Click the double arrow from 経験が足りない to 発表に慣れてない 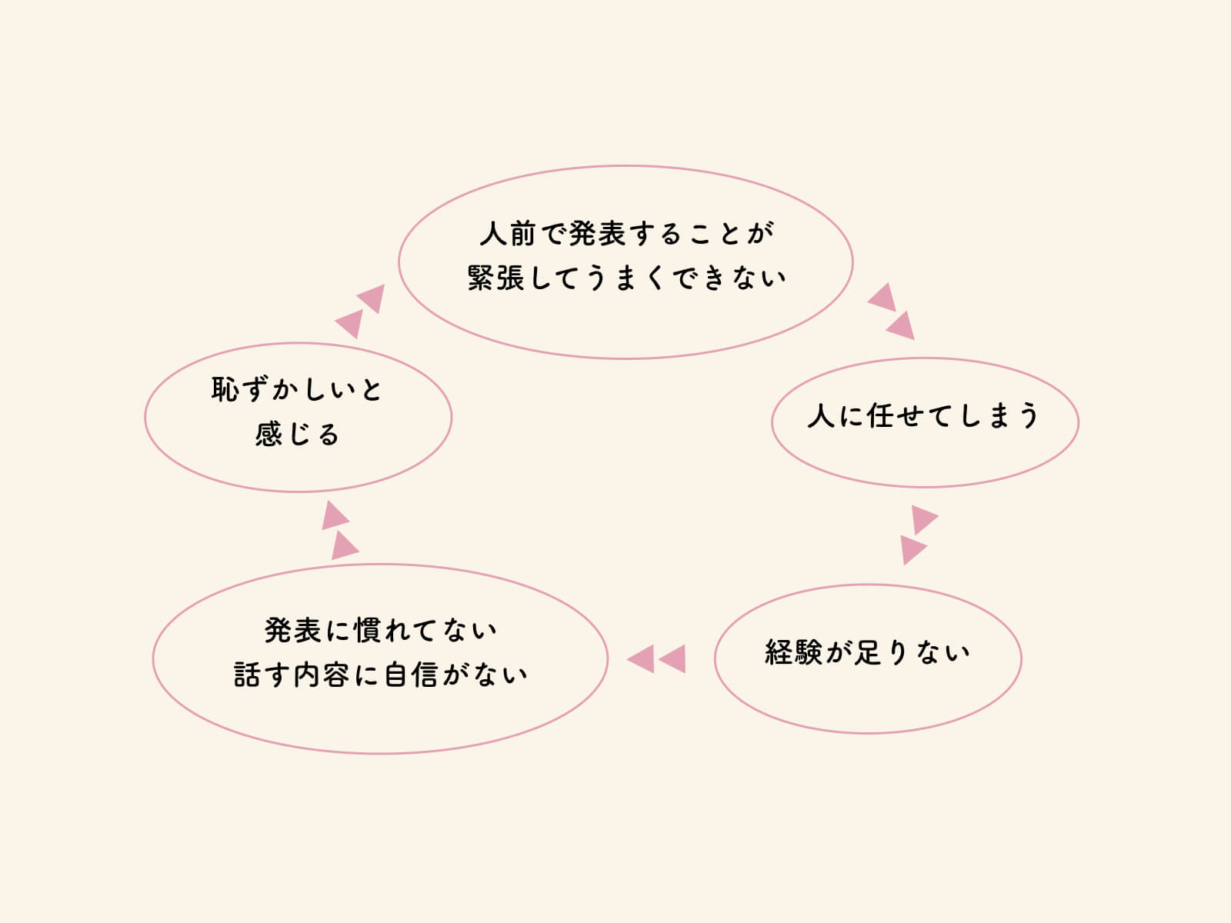tap(656, 658)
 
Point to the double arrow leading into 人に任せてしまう tap(891, 312)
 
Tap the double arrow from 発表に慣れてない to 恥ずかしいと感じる tap(339, 530)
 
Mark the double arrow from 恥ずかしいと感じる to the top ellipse tap(359, 312)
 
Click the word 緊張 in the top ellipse tap(495, 278)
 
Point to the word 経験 tap(793, 652)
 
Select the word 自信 tap(412, 675)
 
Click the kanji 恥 tap(225, 389)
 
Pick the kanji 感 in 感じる tap(269, 435)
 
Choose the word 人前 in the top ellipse tap(508, 234)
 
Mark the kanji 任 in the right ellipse tap(880, 416)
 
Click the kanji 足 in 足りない tap(868, 652)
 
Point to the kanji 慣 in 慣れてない tap(368, 631)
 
